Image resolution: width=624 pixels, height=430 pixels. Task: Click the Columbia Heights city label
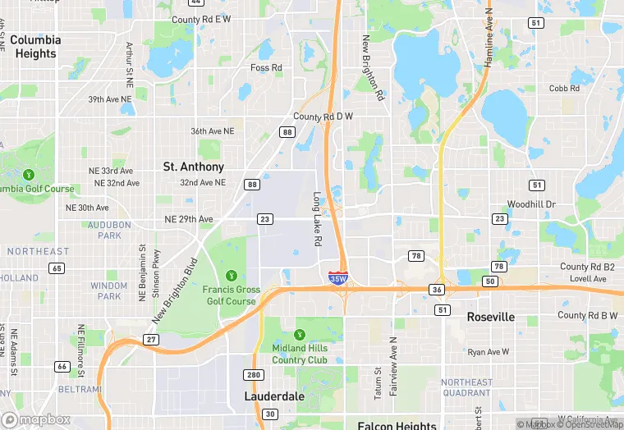pyautogui.click(x=36, y=47)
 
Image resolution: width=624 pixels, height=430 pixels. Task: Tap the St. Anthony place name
pyautogui.click(x=194, y=167)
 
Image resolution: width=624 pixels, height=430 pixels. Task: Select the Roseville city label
pyautogui.click(x=491, y=317)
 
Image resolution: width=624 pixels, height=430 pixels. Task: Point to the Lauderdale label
pyautogui.click(x=274, y=396)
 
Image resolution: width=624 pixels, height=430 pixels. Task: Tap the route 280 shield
pyautogui.click(x=254, y=375)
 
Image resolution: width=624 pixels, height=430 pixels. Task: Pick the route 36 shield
pyautogui.click(x=437, y=290)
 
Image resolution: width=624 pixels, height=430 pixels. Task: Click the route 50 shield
pyautogui.click(x=490, y=281)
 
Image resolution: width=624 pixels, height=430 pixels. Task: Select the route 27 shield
pyautogui.click(x=151, y=339)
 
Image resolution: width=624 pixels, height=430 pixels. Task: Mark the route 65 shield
pyautogui.click(x=57, y=268)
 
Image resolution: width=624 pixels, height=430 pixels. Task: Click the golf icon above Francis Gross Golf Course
pyautogui.click(x=232, y=275)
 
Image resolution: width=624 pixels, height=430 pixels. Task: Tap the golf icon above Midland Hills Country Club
pyautogui.click(x=300, y=334)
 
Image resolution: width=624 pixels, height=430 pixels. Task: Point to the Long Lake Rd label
pyautogui.click(x=317, y=220)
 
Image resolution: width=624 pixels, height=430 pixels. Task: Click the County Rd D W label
pyautogui.click(x=323, y=117)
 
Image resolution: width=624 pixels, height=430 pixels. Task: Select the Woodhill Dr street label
pyautogui.click(x=531, y=204)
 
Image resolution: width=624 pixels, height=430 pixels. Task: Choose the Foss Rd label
pyautogui.click(x=266, y=67)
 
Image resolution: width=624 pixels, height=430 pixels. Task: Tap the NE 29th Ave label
pyautogui.click(x=189, y=219)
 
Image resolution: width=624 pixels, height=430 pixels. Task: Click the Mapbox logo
pyautogui.click(x=36, y=419)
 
